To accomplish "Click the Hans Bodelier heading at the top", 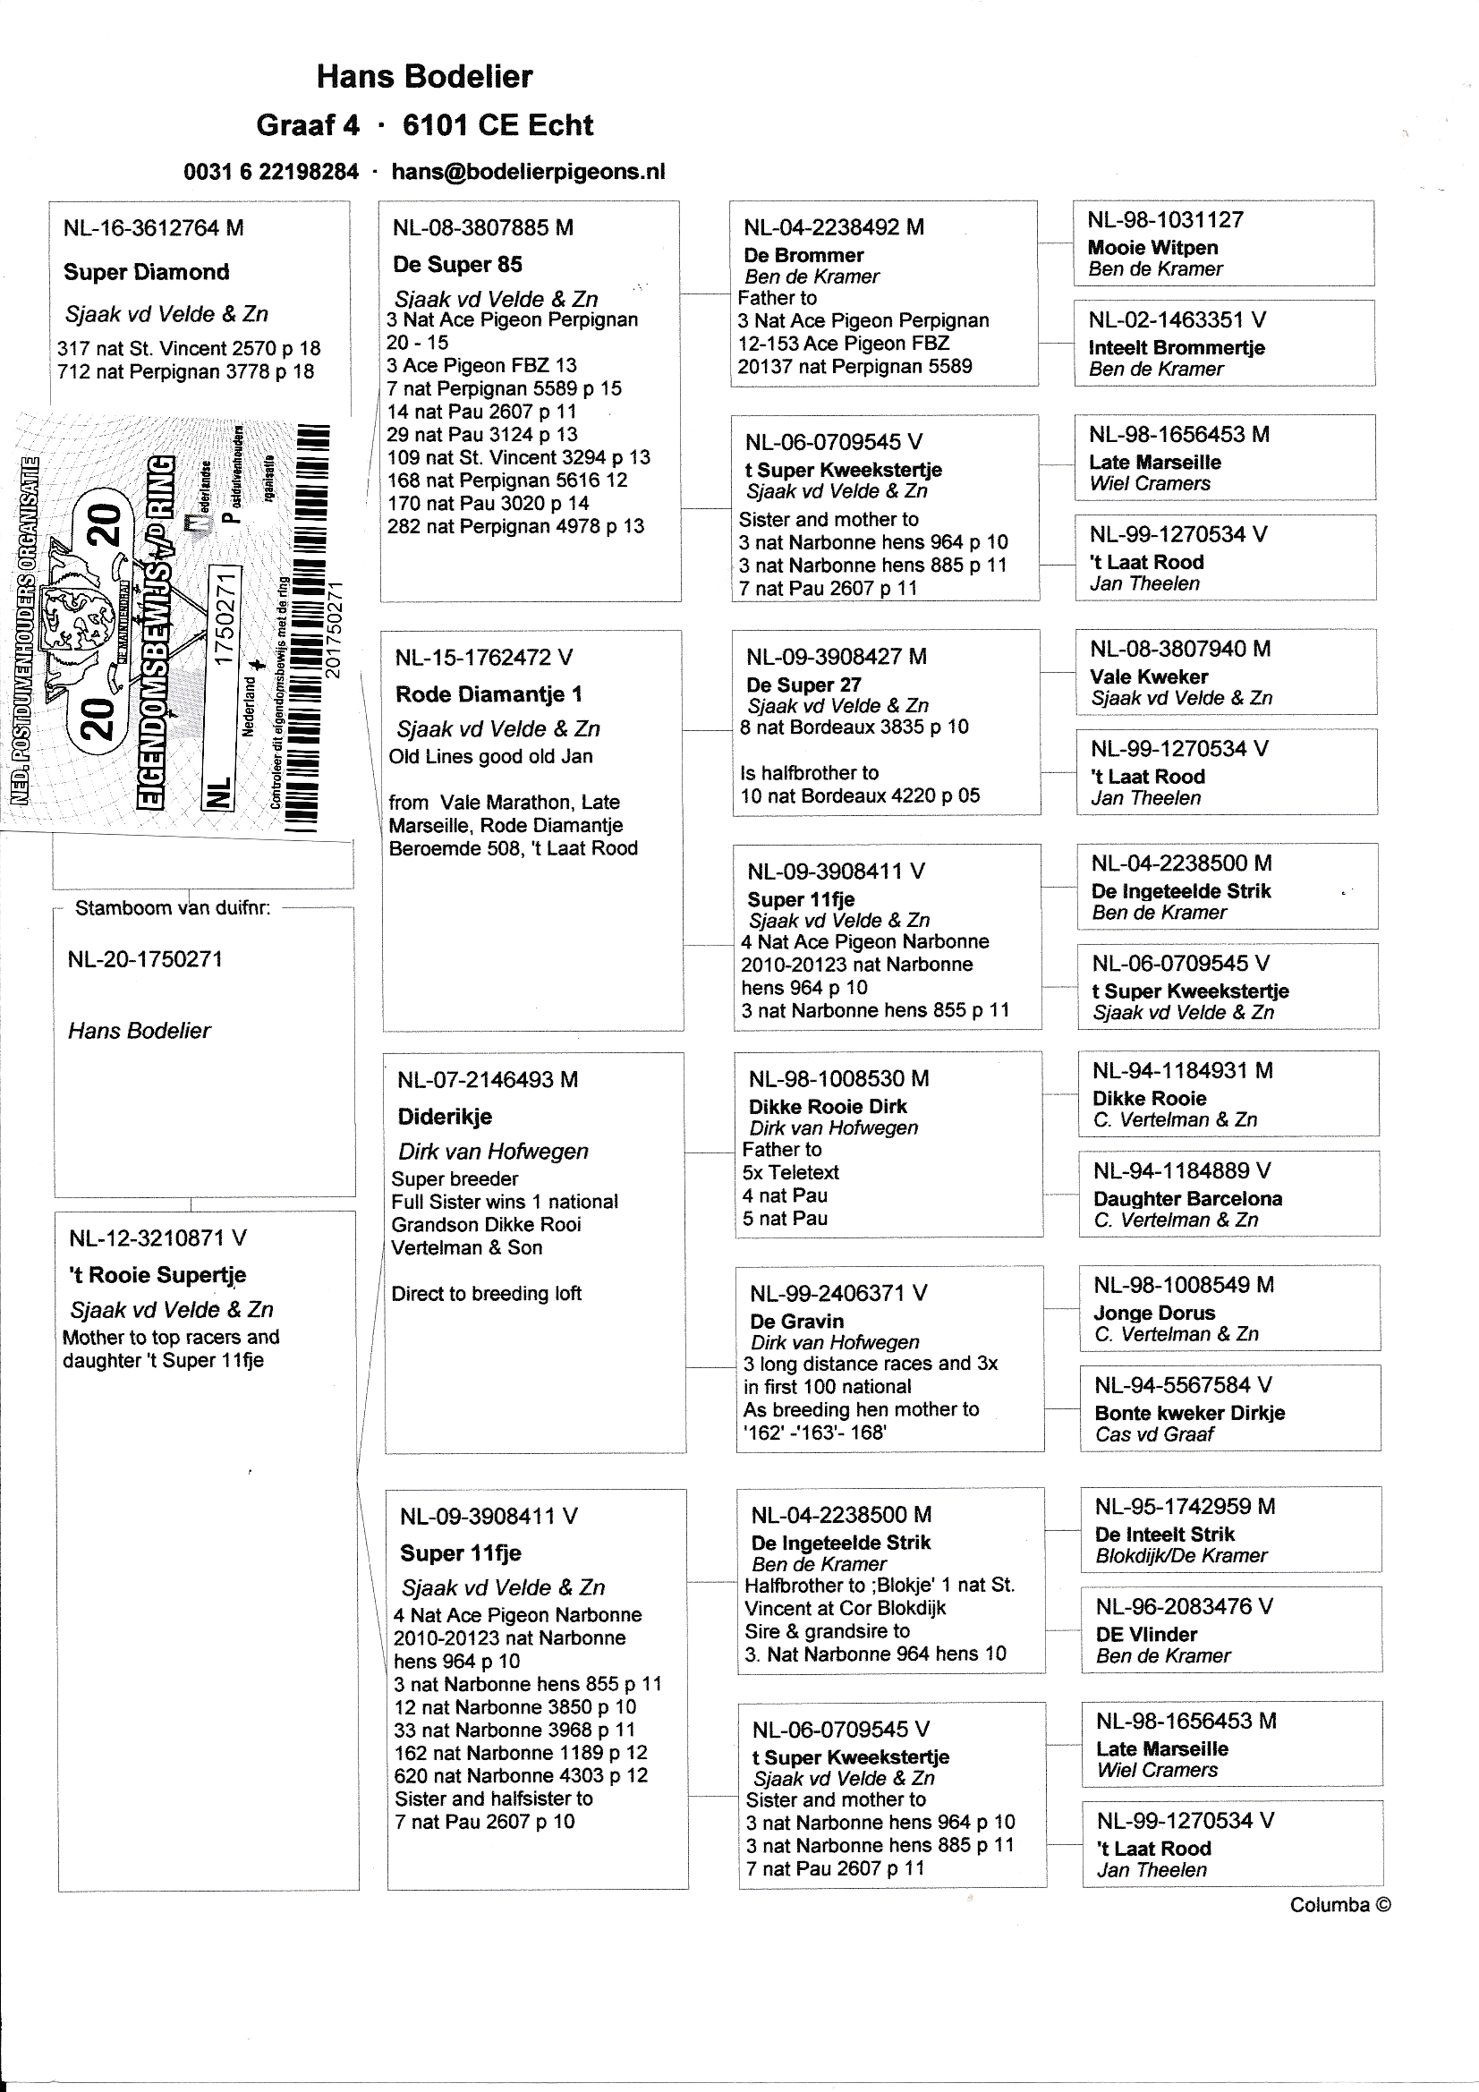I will pos(424,77).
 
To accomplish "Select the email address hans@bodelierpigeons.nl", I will pos(528,171).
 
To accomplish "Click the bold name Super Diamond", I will pos(146,271).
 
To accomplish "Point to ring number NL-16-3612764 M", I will pos(153,228).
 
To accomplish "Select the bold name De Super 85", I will pos(457,264).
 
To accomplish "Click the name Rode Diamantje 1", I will pos(489,694).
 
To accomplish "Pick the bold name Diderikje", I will pos(445,1116).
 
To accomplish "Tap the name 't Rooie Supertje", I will pos(157,1275).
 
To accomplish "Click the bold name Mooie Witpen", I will pos(1152,248).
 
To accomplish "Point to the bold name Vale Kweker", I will pos(1149,677).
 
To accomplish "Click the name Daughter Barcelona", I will pos(1187,1199).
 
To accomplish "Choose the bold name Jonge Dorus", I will pos(1154,1313).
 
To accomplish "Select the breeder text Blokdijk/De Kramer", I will pos(1181,1555).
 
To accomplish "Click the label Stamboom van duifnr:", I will pos(172,907).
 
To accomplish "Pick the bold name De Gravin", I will pos(796,1322).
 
